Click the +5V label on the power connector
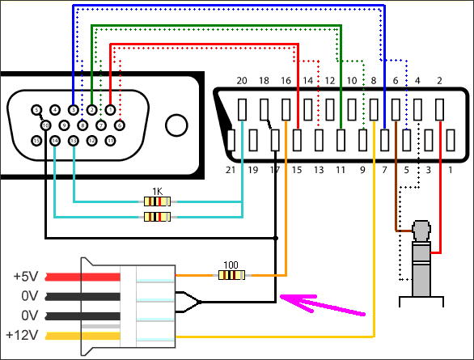coord(24,276)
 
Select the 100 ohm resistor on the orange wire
coord(231,275)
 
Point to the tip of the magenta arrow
coord(281,299)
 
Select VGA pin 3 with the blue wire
coord(74,109)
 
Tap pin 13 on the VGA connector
coord(73,141)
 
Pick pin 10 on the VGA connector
coord(46,125)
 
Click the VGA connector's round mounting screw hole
coord(176,125)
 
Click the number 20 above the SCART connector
coord(241,81)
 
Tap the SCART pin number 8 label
coord(373,81)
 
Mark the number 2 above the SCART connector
coord(439,81)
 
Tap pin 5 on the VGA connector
coord(36,109)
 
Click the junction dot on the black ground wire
coord(277,238)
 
